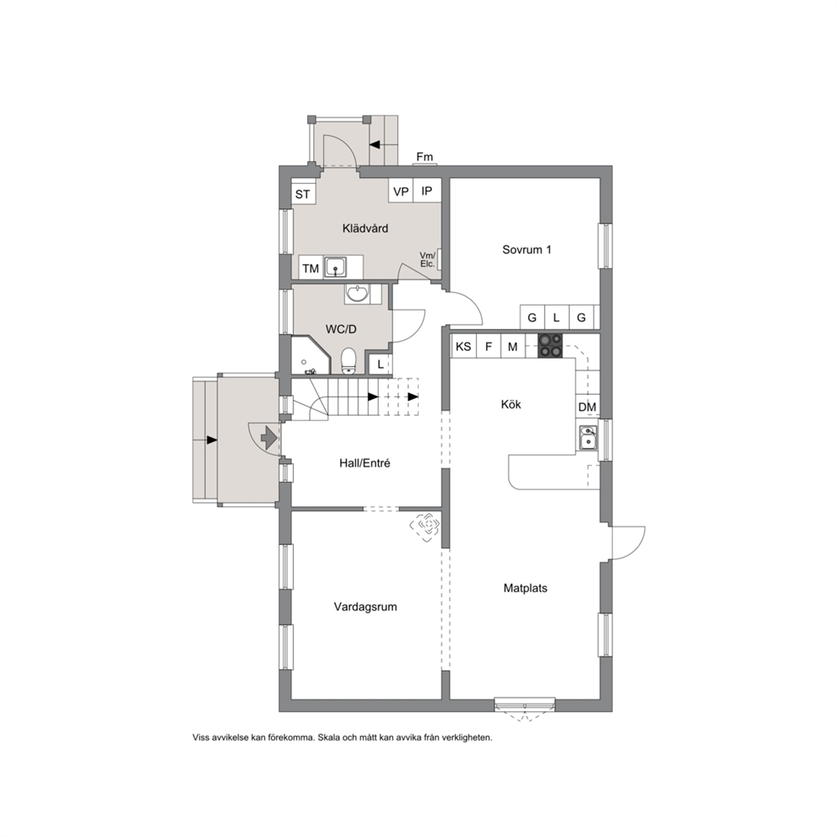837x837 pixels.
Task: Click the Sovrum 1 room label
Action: pos(526,249)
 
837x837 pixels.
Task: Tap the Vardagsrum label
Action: pos(365,607)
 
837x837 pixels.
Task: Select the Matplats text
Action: pos(526,588)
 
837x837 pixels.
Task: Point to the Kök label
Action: pos(510,404)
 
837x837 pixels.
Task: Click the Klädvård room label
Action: pos(365,229)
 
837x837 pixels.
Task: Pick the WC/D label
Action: pos(341,329)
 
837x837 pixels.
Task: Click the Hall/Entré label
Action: pos(364,463)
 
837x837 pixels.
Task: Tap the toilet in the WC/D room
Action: pos(348,361)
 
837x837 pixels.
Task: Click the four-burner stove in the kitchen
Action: pos(550,345)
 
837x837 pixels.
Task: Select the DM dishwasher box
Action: pos(587,407)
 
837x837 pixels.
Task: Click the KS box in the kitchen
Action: pos(463,347)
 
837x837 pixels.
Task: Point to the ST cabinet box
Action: pos(303,193)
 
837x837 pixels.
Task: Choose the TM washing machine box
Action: pos(310,268)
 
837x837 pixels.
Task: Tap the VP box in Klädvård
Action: pos(401,191)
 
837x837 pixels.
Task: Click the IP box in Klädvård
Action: pos(427,191)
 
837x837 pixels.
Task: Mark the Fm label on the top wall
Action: pos(425,157)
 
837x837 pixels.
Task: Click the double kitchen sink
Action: pos(588,437)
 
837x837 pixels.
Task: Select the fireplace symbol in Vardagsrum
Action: pos(425,526)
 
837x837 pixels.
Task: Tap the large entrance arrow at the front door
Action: pos(268,439)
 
